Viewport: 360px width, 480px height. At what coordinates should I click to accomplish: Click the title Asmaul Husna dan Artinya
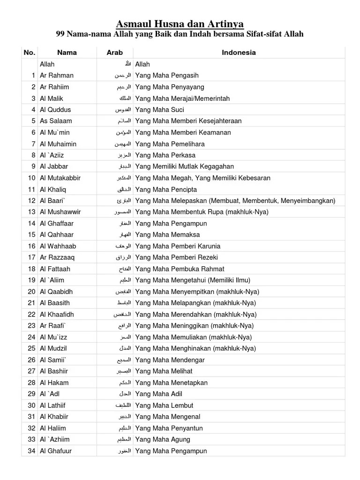click(x=180, y=23)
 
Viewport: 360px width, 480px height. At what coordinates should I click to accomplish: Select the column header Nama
click(x=67, y=52)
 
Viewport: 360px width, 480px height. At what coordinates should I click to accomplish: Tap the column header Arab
click(x=114, y=52)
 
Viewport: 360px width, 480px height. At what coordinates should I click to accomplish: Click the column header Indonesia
click(x=239, y=52)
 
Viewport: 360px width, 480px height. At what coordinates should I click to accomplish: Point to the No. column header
click(x=30, y=52)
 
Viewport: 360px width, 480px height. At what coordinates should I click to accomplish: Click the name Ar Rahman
click(x=57, y=75)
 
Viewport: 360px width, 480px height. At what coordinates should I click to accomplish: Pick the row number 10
click(x=32, y=178)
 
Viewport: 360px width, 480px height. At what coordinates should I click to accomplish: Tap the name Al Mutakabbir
click(x=60, y=178)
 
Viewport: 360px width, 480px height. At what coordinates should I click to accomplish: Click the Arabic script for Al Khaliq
click(x=124, y=189)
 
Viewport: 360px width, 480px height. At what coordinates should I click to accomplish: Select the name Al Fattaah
click(x=55, y=269)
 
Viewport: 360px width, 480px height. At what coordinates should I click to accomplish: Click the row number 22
click(x=32, y=315)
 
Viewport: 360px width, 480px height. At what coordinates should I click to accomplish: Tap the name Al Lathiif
click(x=54, y=405)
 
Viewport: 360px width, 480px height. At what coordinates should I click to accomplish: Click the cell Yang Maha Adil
click(x=158, y=394)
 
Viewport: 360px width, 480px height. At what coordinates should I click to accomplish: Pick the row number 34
click(x=32, y=451)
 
